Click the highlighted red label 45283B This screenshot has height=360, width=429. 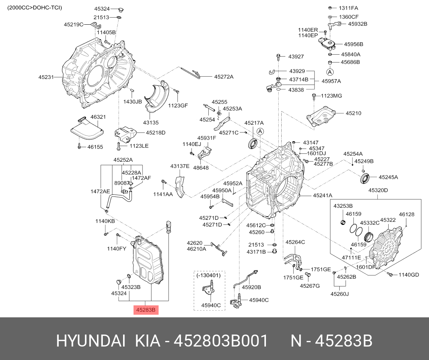(x=146, y=310)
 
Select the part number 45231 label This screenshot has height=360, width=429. (x=46, y=77)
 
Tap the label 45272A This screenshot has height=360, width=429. (x=224, y=77)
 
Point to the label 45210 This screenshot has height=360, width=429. (x=353, y=113)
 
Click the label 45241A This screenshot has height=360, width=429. (x=322, y=195)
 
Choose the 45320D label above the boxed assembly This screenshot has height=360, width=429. (x=378, y=190)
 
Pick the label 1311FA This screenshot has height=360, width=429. (x=348, y=8)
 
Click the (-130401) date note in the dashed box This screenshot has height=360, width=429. (x=208, y=275)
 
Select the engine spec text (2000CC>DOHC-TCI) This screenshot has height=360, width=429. (x=35, y=7)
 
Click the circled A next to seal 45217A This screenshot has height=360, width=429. (x=261, y=131)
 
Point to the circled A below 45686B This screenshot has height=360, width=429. (x=330, y=71)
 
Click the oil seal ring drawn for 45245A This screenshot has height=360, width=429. (x=367, y=177)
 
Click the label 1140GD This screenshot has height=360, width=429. (x=408, y=275)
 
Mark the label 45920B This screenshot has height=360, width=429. (x=251, y=287)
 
